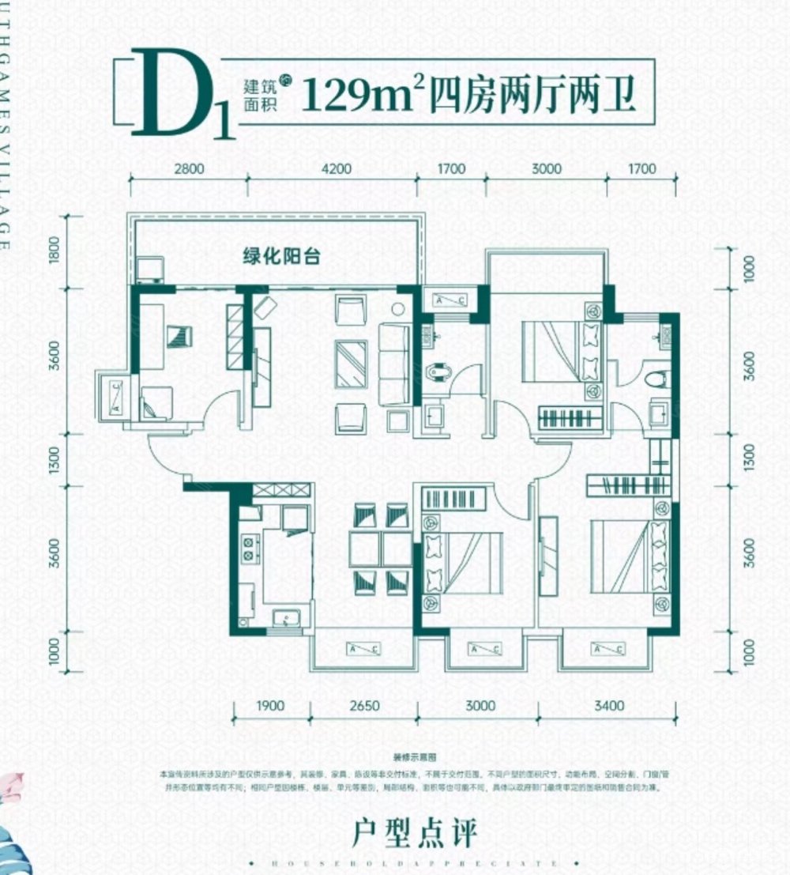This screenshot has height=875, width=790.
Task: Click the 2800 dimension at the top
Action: click(190, 168)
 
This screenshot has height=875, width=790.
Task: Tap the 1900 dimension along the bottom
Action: click(270, 705)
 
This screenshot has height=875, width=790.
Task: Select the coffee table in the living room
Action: click(351, 364)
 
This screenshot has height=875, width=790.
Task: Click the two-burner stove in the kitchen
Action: click(250, 548)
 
